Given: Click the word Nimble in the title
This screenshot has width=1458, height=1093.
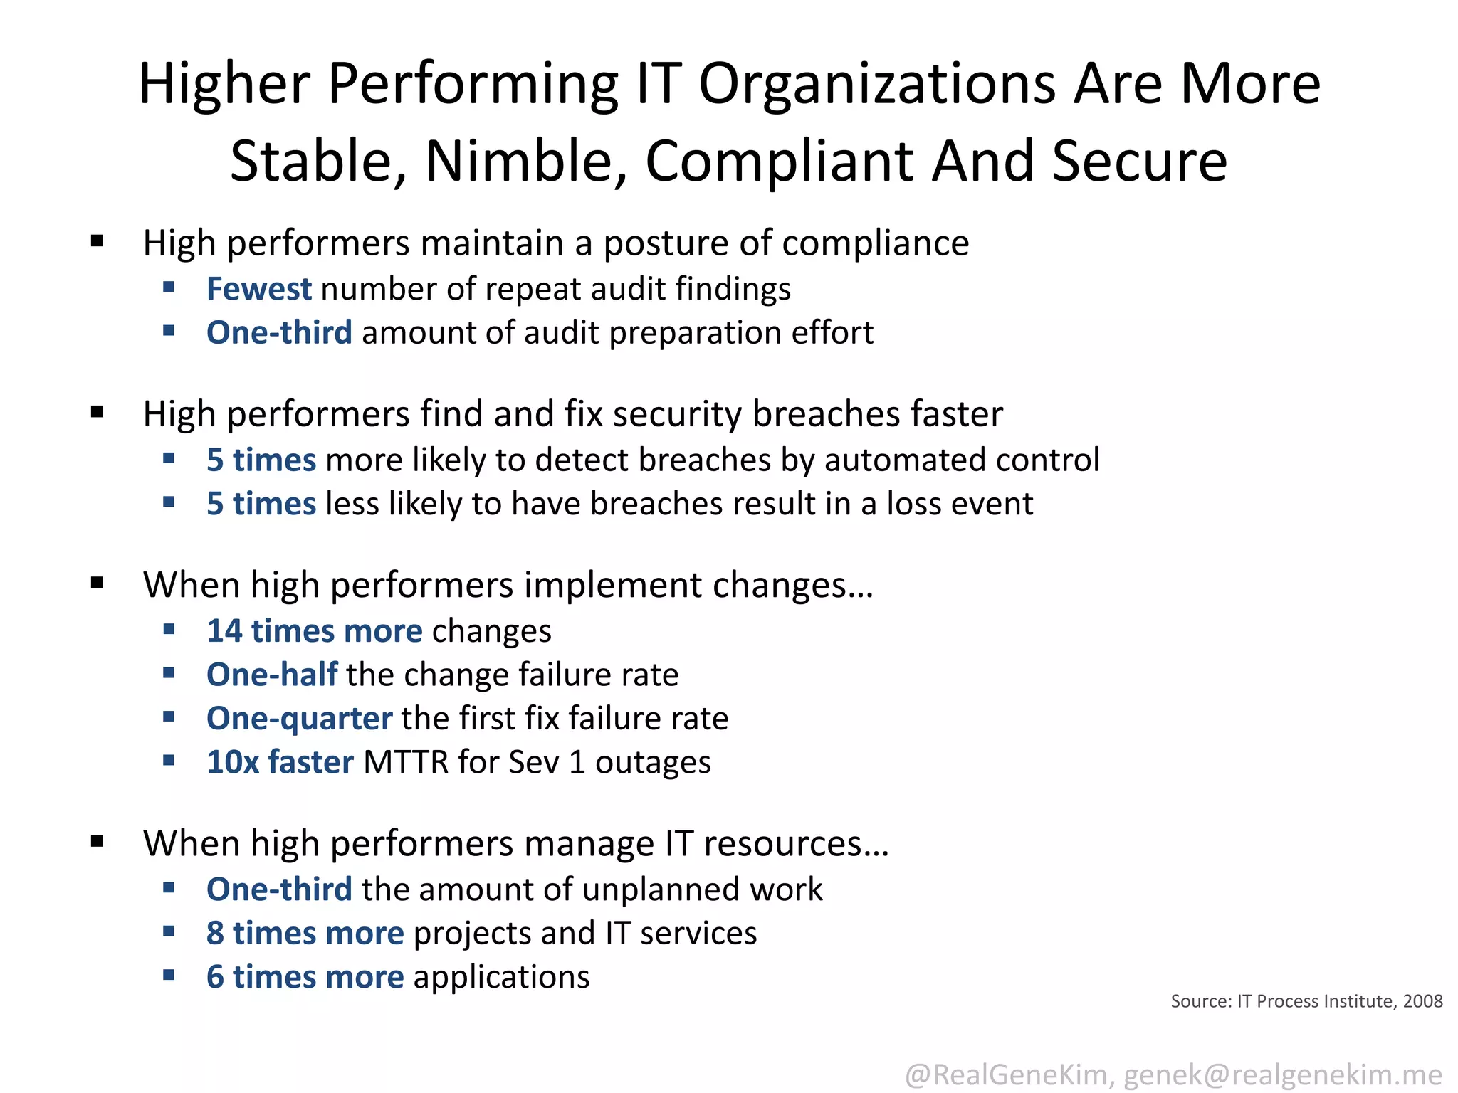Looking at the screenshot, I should [526, 161].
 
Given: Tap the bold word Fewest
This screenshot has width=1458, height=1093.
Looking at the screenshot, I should [258, 289].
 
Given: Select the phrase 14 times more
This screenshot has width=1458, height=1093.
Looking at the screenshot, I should [314, 631].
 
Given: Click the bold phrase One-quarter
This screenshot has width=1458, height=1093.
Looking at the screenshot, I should [299, 718].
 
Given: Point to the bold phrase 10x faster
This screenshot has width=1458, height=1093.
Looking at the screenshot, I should [280, 762].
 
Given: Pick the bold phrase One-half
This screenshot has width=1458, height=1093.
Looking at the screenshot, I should [272, 675].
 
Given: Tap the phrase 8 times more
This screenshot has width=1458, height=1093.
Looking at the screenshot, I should [305, 933].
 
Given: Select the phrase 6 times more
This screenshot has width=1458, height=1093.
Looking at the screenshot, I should [305, 977].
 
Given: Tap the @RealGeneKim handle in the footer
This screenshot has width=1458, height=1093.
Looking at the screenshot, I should [1007, 1074].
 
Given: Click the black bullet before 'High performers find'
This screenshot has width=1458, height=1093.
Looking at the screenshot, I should [98, 412].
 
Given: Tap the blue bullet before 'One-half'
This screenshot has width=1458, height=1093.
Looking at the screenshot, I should [169, 673].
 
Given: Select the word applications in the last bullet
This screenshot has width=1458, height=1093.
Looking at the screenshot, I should [501, 977].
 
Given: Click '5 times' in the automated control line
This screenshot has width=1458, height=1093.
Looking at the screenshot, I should [261, 460].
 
